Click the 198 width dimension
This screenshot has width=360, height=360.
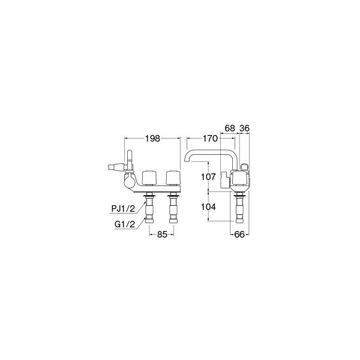click(152, 139)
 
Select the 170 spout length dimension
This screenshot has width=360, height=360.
click(210, 139)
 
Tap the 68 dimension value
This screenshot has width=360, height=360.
click(230, 128)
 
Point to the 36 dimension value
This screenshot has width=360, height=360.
click(245, 128)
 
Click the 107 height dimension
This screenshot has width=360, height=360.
click(208, 177)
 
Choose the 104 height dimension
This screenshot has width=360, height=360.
click(208, 207)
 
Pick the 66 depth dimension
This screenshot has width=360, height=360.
click(239, 235)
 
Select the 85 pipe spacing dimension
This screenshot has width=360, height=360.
click(162, 235)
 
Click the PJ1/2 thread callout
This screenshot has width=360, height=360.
click(123, 209)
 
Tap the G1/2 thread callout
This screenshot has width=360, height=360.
click(125, 224)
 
